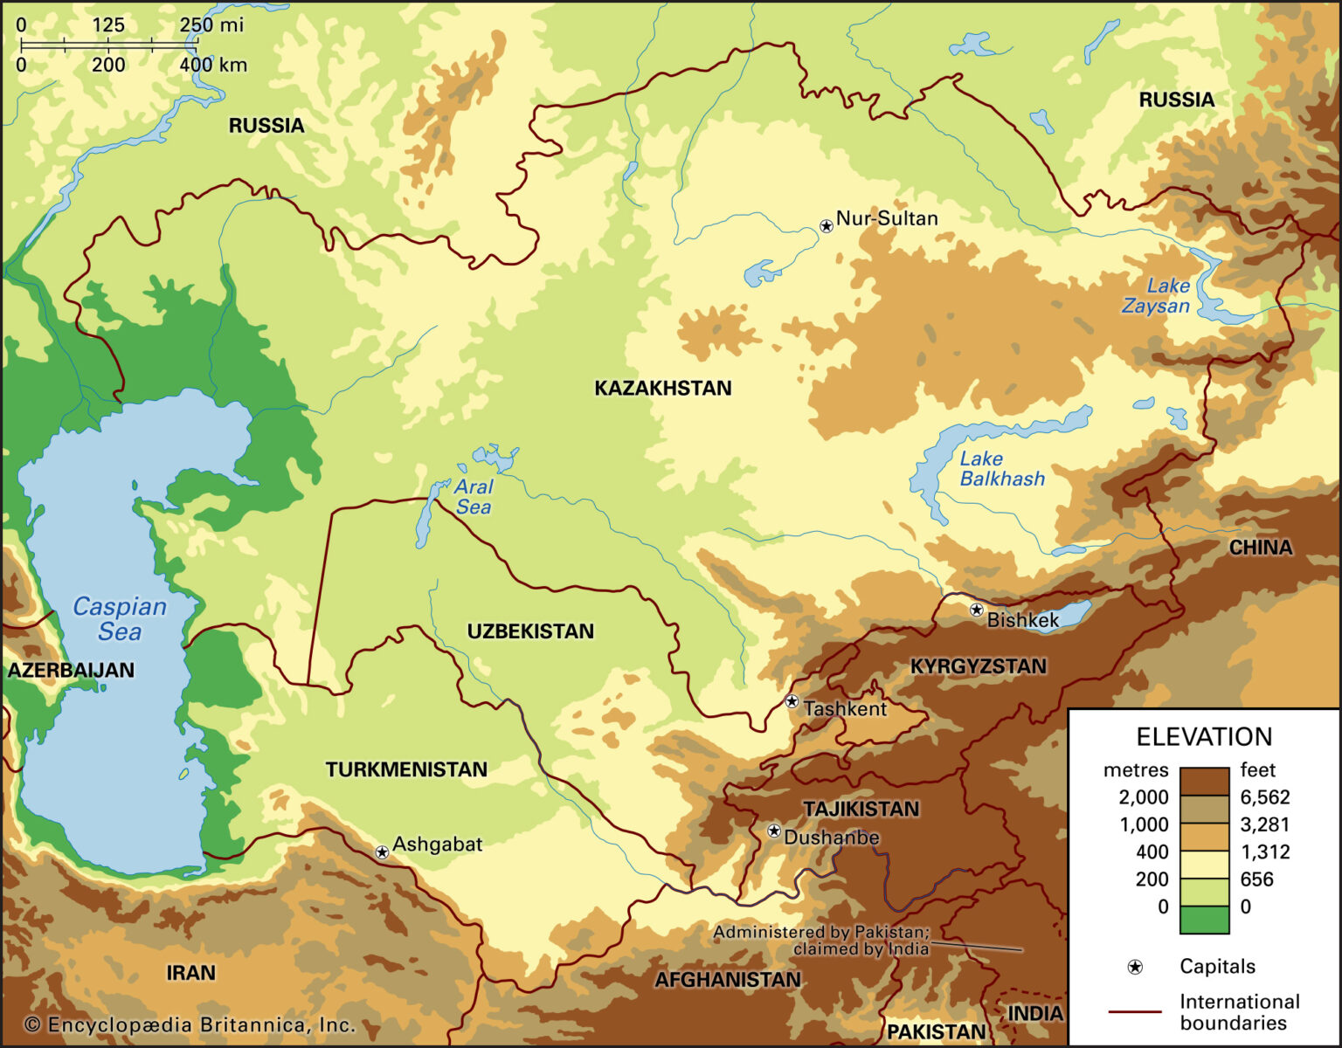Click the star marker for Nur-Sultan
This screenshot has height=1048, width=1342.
point(827,226)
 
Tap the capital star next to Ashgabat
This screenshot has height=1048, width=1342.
point(382,851)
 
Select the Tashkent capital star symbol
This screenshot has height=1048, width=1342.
point(792,701)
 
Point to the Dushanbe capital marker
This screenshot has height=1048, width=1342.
point(773,831)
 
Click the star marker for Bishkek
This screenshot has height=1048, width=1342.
point(977,610)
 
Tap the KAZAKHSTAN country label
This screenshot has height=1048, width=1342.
point(662,389)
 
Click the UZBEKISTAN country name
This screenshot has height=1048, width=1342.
point(530,631)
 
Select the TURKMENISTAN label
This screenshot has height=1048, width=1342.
point(406,769)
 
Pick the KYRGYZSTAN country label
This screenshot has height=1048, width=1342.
point(978,666)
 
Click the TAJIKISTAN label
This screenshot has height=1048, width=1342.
point(861,809)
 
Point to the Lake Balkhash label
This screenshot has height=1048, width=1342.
point(1001,469)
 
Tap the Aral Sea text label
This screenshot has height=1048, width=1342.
point(474,497)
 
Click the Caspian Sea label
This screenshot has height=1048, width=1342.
point(119,618)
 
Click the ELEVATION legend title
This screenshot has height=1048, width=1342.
point(1203,736)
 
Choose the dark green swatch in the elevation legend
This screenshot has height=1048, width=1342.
point(1203,920)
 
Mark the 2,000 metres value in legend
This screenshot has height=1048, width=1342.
point(1143,796)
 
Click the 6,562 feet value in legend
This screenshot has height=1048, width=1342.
point(1264,796)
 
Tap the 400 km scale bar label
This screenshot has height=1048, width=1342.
point(213,65)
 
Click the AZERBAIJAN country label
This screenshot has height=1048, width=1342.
point(71,670)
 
